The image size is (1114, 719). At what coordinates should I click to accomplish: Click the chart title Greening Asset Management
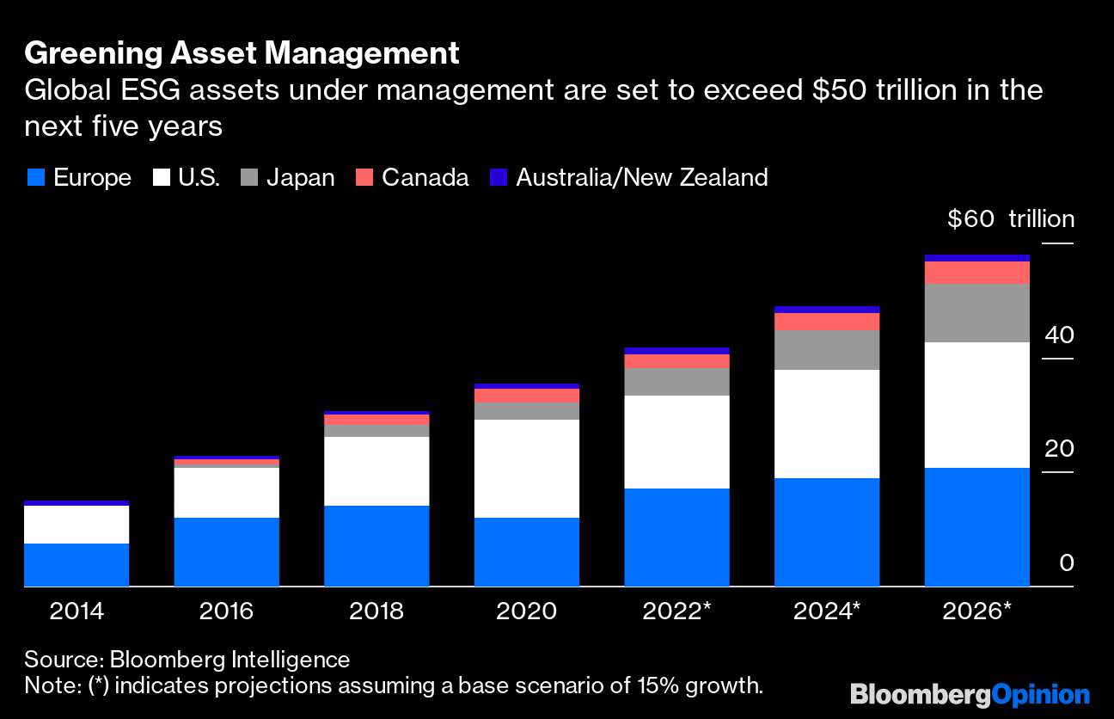pos(242,53)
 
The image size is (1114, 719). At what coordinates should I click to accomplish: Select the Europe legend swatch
pos(35,178)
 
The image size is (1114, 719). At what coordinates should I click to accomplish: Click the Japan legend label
pos(300,178)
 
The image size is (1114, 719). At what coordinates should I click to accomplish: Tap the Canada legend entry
pos(425,178)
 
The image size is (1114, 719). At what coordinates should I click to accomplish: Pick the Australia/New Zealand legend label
pos(641,178)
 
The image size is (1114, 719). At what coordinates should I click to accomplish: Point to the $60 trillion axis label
pos(1010,219)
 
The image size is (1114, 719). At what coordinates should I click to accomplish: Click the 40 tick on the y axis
pos(1059,335)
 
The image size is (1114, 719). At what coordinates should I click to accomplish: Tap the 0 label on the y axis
pos(1066,563)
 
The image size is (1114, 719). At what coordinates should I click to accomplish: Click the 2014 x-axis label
pos(77,611)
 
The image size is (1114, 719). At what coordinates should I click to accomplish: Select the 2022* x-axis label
pos(677,611)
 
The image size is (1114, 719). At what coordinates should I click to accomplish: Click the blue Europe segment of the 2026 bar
pos(976,526)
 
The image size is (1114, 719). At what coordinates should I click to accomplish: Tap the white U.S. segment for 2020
pos(526,469)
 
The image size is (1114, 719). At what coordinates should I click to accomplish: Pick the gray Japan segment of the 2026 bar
pos(976,313)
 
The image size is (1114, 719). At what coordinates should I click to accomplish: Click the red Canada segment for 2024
pos(827,322)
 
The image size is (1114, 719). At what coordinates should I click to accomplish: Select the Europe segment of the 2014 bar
pos(77,564)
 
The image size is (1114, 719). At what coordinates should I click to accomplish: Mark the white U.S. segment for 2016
pos(226,492)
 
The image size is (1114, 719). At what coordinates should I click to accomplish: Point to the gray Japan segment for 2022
pos(677,382)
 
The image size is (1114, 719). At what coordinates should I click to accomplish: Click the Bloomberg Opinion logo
pos(970,694)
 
